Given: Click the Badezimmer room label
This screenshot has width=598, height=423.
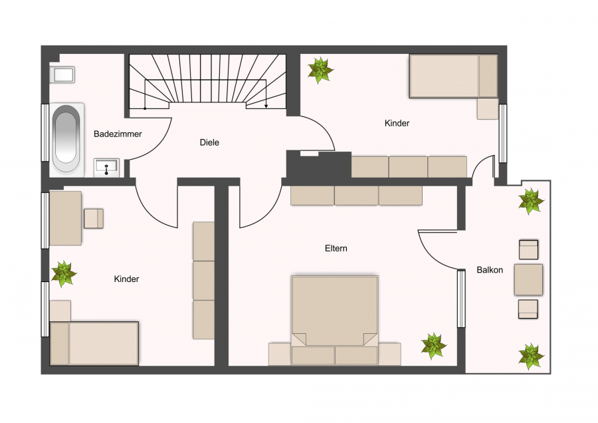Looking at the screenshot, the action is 118,134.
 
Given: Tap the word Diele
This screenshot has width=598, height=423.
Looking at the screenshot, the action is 209,142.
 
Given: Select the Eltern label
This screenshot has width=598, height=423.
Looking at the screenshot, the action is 336,249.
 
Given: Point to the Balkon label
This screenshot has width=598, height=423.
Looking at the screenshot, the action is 490,270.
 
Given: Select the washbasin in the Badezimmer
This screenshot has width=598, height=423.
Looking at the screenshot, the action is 107,168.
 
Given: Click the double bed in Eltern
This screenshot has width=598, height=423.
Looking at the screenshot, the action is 334,320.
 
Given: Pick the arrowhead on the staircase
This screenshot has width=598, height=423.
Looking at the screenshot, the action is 266,106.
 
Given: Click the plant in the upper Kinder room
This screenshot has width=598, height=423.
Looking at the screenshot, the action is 320,70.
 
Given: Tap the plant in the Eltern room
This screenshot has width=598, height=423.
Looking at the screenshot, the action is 433,346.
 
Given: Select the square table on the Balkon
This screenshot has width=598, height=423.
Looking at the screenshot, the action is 528,279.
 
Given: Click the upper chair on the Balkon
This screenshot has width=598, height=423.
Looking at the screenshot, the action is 528,249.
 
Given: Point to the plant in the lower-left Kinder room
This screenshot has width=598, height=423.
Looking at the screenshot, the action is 64,274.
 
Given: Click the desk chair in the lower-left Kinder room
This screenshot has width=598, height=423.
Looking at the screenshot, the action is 94,219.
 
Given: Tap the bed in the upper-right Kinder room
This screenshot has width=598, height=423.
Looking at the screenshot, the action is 453,76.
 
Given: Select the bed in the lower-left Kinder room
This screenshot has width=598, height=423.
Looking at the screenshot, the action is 94,344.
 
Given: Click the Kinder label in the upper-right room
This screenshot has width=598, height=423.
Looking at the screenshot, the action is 397,123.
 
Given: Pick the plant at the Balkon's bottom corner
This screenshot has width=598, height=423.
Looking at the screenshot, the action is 531,356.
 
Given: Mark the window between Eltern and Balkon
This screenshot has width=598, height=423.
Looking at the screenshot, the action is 462,299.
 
